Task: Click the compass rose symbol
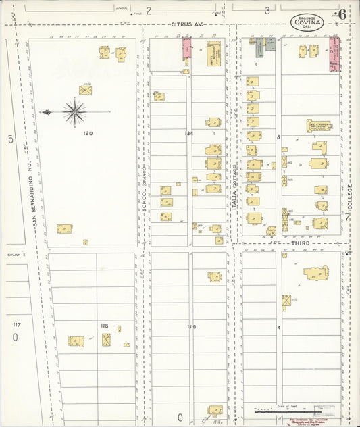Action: coord(74,111)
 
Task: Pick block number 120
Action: coord(88,134)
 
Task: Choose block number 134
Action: coord(189,134)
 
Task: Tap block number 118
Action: coord(104,326)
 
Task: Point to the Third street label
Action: coord(300,243)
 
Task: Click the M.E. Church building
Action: coord(318,126)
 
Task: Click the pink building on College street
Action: coord(333,53)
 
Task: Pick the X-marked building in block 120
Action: coord(85,89)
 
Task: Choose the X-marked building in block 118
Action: coord(107,340)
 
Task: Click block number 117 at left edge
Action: coord(16,325)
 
